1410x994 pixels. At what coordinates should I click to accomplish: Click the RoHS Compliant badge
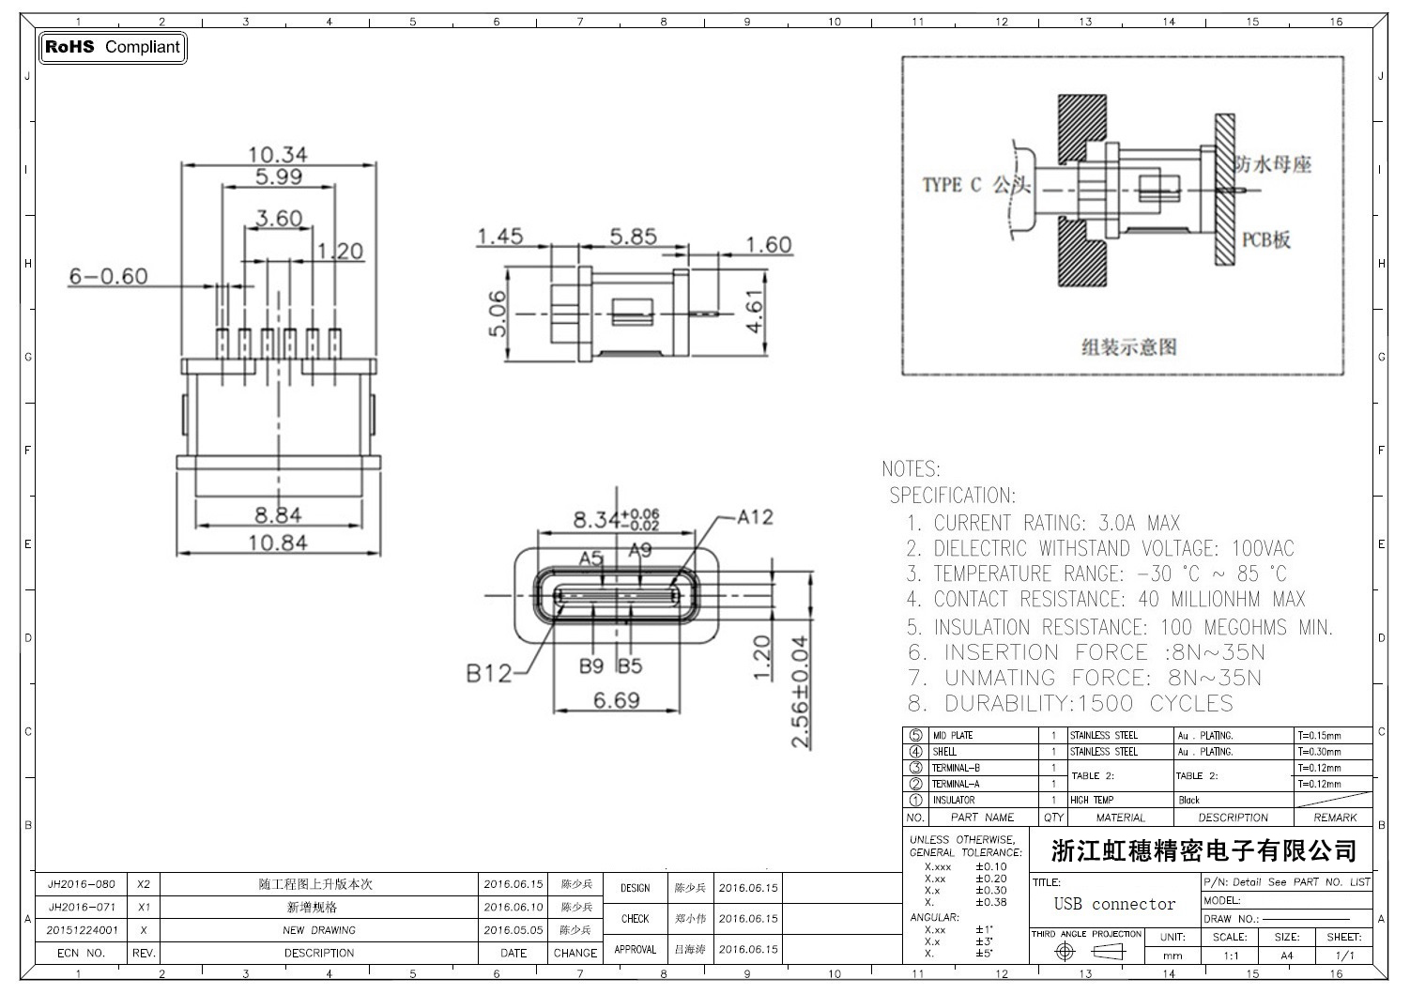[x=113, y=47]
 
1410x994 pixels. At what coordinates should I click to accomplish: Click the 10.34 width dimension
[x=278, y=154]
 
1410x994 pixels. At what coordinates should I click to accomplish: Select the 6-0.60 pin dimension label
[x=108, y=276]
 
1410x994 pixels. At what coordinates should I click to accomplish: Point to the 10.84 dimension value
[x=278, y=542]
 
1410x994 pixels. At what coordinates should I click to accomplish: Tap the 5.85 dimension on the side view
[x=633, y=237]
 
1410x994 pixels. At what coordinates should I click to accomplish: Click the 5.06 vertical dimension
[x=498, y=313]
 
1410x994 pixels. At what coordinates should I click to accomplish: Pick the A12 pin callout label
[x=755, y=517]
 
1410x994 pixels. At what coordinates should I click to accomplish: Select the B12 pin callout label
[x=489, y=673]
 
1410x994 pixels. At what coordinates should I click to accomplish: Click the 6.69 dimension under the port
[x=617, y=700]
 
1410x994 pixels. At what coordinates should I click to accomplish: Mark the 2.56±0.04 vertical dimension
[x=800, y=692]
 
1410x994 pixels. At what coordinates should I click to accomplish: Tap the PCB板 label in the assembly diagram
[x=1266, y=239]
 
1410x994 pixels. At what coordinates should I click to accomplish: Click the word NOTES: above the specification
[x=911, y=468]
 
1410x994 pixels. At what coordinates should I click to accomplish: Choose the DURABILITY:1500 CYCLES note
[x=1089, y=703]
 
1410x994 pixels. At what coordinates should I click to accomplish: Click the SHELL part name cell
[x=944, y=752]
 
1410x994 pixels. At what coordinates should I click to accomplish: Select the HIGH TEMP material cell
[x=1092, y=800]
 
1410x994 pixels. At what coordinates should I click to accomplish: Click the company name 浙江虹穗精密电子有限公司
[x=1203, y=851]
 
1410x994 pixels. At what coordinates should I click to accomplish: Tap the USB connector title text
[x=1114, y=904]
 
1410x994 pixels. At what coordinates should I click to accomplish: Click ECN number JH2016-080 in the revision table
[x=82, y=884]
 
